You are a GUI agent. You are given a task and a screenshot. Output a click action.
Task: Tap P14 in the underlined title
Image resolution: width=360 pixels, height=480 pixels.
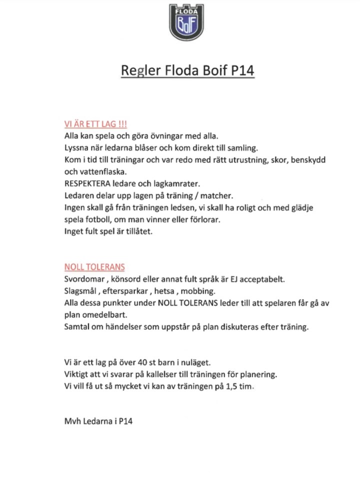242,70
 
